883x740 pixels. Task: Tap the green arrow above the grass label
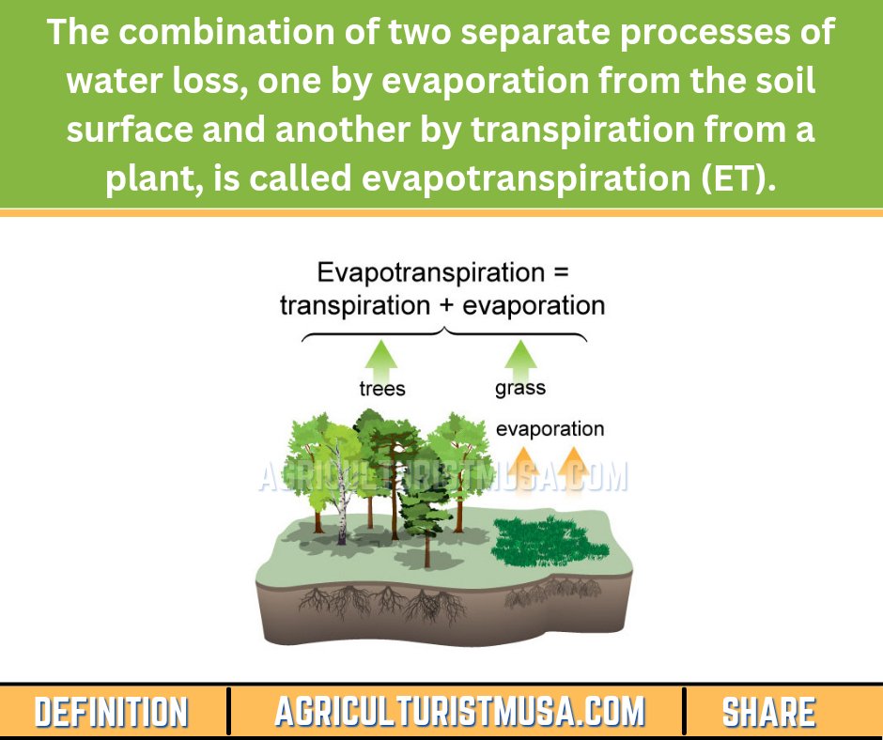click(519, 357)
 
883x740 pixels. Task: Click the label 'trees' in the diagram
click(382, 388)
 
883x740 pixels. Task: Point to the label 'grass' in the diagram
click(520, 387)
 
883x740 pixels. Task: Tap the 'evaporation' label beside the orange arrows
click(550, 429)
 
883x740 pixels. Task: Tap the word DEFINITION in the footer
click(111, 712)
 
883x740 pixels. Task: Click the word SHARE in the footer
click(768, 712)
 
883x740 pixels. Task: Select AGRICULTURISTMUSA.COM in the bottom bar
click(459, 712)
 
